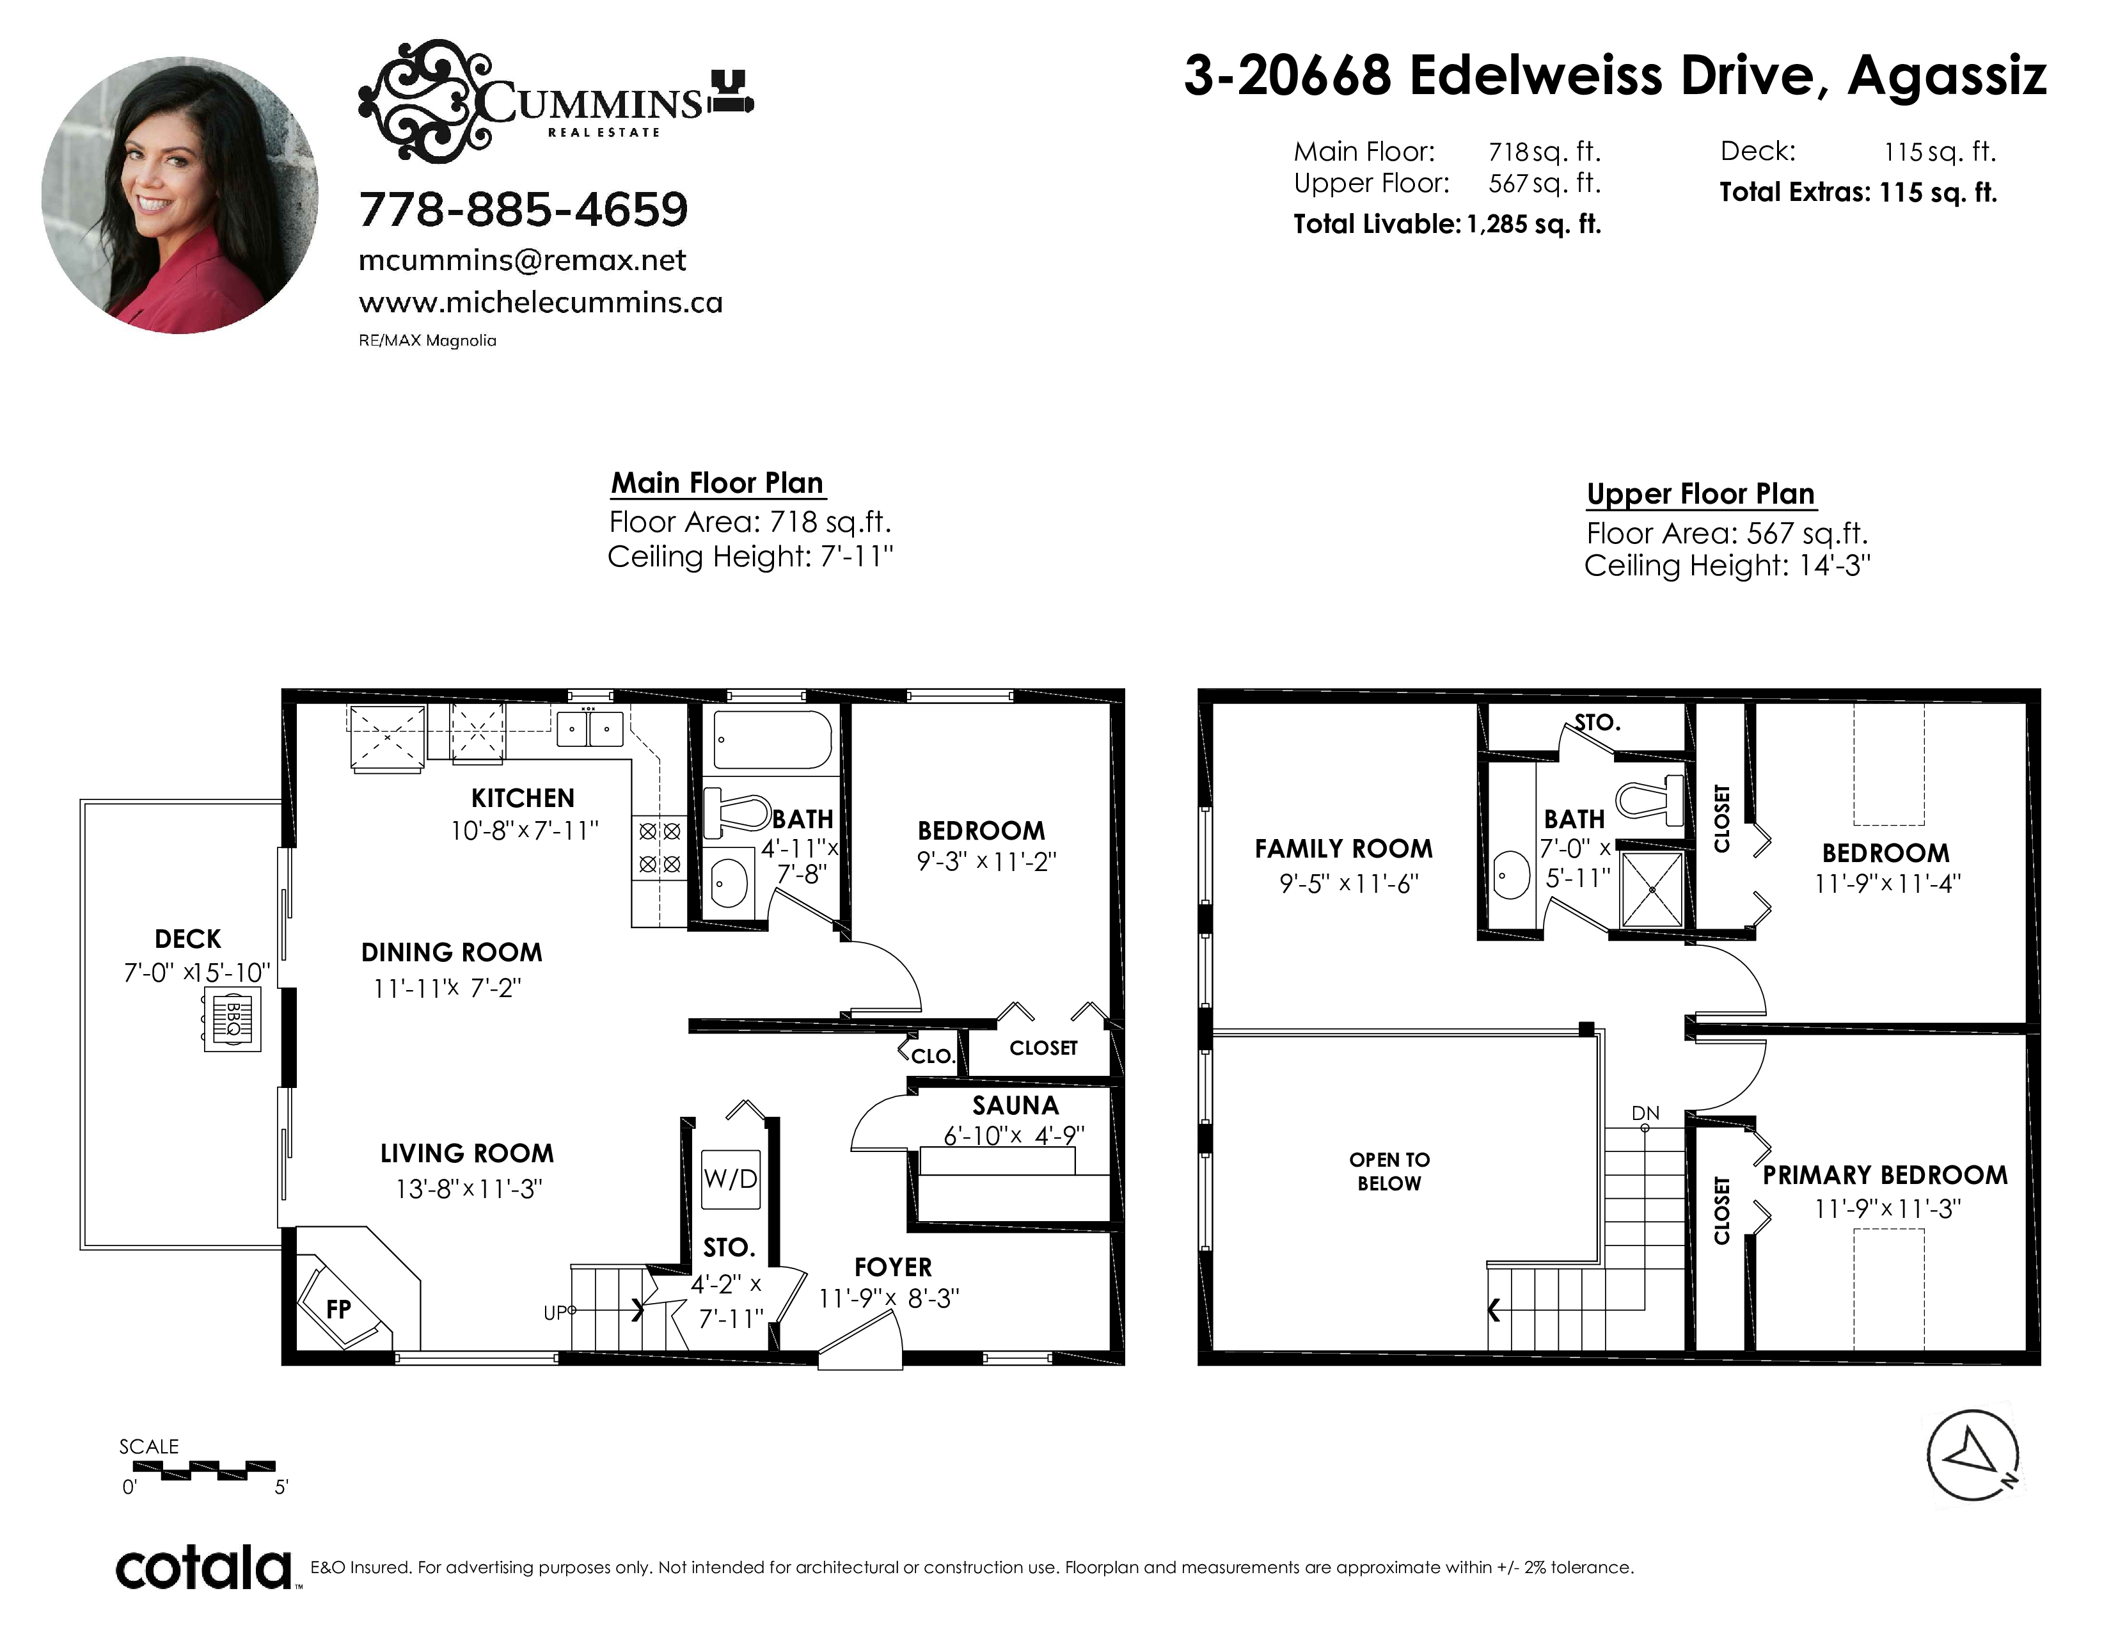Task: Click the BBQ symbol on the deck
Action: tap(232, 1018)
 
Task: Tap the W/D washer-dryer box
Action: tap(731, 1178)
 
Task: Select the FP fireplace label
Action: tap(338, 1309)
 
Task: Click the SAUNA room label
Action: tap(1015, 1105)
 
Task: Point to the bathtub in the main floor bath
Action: tap(771, 740)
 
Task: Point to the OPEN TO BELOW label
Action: tap(1389, 1171)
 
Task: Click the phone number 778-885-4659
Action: tap(523, 209)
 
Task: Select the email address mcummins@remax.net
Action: tap(522, 260)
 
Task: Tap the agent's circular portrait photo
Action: tap(180, 195)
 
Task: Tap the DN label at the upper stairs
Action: tap(1645, 1113)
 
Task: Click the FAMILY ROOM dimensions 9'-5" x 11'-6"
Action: tap(1348, 883)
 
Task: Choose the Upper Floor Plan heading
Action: tap(1700, 494)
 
